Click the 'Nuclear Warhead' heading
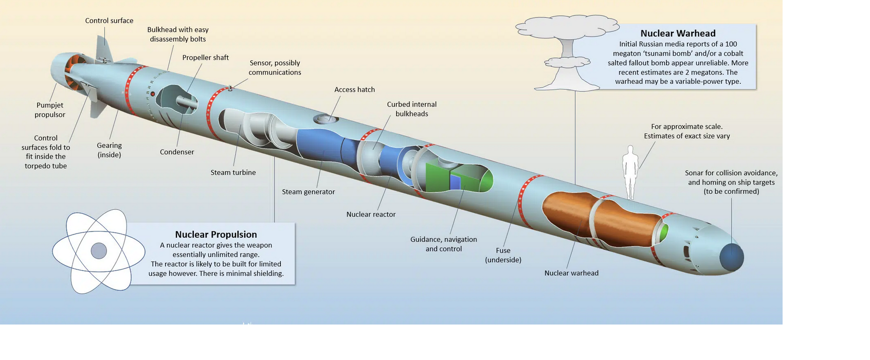point(678,33)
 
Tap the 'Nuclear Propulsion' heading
point(216,235)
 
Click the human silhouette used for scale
point(630,172)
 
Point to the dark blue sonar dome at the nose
point(731,257)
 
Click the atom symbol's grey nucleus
point(99,251)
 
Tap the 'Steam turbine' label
point(233,172)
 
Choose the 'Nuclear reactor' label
point(371,214)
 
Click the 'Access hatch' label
point(355,89)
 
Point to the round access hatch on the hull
point(325,119)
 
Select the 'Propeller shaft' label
point(206,58)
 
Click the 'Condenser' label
point(177,152)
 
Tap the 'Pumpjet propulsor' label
point(50,110)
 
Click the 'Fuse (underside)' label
point(503,255)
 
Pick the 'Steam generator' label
point(309,192)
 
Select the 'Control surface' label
point(109,21)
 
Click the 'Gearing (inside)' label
point(109,150)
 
